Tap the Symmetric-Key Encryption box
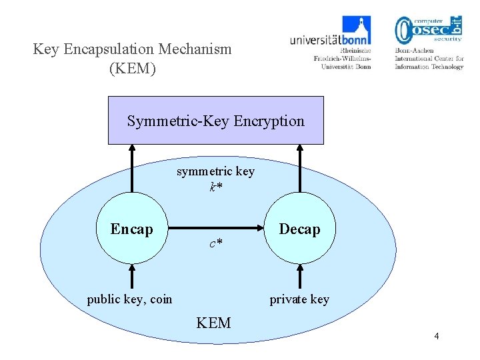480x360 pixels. tap(215, 121)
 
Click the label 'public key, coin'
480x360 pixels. tap(129, 299)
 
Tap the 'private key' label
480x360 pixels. tap(299, 299)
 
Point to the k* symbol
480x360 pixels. tap(215, 187)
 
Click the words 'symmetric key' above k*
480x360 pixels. tap(215, 172)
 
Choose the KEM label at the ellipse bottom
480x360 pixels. tap(213, 323)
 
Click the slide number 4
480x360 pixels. tap(436, 336)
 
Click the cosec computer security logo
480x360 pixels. tap(428, 30)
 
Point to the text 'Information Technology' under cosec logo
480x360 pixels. tap(429, 67)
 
